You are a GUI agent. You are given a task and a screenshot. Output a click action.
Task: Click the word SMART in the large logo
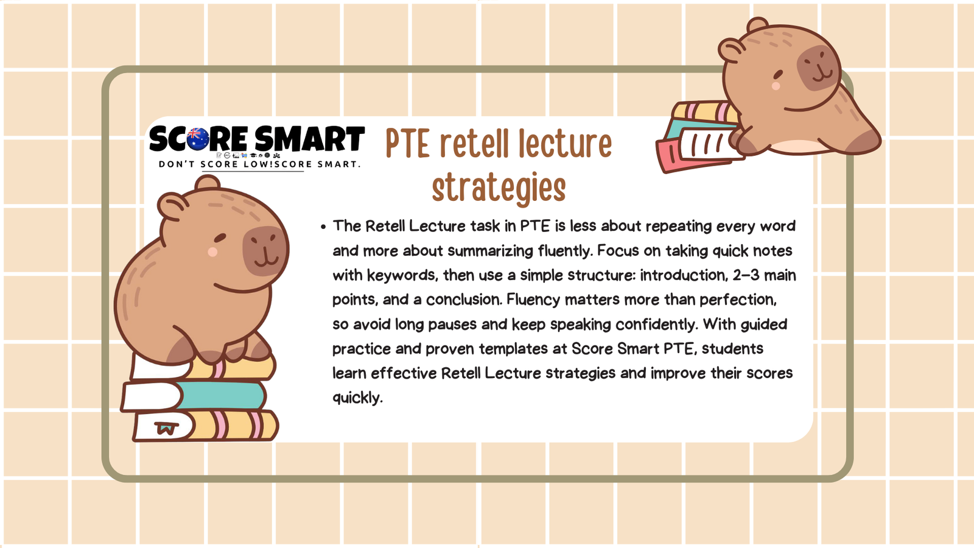(x=309, y=139)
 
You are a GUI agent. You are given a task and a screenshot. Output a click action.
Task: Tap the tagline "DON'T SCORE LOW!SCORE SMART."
(x=260, y=164)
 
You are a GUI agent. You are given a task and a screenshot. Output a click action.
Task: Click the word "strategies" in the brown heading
(x=499, y=188)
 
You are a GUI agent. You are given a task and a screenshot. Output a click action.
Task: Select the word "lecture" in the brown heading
(x=565, y=144)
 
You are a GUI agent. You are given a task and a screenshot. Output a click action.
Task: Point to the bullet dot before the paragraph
(x=323, y=227)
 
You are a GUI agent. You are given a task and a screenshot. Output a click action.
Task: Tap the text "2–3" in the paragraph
(x=746, y=275)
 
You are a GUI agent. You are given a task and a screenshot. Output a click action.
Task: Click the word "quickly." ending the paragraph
(x=357, y=398)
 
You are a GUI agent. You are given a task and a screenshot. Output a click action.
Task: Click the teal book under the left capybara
(x=222, y=395)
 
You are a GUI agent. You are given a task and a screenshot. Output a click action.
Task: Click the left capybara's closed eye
(x=221, y=237)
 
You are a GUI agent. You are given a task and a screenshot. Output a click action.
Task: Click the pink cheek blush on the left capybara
(x=212, y=251)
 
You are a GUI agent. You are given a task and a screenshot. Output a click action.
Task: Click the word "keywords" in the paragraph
(x=401, y=275)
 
